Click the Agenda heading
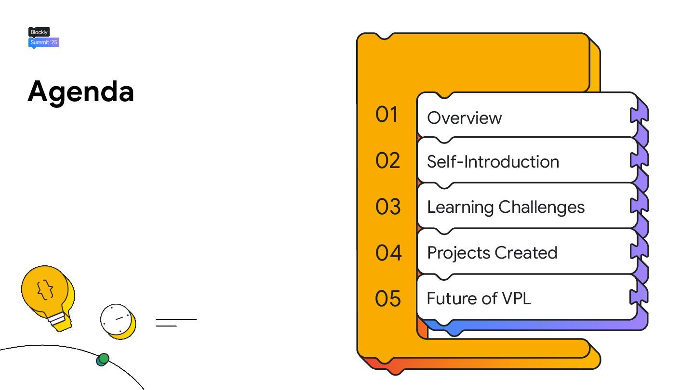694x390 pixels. tap(80, 91)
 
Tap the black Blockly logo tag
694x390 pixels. tap(39, 32)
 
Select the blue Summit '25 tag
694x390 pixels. tap(44, 42)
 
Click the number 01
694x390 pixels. tap(387, 115)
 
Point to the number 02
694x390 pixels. tap(388, 161)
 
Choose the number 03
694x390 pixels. tap(388, 207)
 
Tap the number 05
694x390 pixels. tap(388, 299)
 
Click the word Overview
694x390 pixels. tap(464, 118)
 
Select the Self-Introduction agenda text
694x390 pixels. tap(493, 162)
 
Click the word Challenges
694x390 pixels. tap(541, 208)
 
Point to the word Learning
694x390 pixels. tap(460, 208)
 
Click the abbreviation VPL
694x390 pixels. tap(516, 299)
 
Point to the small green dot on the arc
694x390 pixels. tap(103, 359)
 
